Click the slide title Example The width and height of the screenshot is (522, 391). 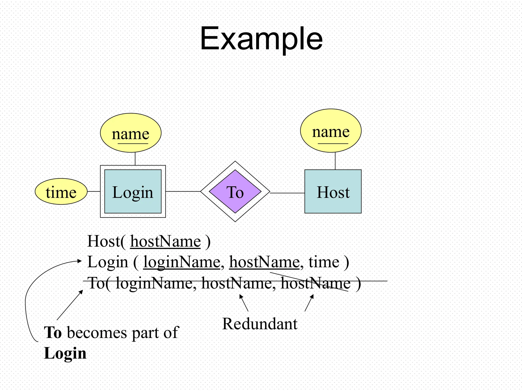click(261, 39)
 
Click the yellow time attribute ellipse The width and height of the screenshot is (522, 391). click(61, 191)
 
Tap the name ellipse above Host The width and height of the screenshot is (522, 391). click(331, 131)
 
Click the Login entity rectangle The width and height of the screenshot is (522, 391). click(133, 191)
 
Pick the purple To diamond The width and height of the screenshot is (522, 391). click(235, 191)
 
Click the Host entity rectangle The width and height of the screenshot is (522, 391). click(333, 191)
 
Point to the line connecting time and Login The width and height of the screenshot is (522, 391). click(94, 191)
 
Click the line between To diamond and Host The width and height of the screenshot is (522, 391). click(287, 193)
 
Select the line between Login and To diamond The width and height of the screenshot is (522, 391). click(183, 191)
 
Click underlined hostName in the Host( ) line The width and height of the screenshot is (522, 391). click(165, 241)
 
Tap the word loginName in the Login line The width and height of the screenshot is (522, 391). click(181, 262)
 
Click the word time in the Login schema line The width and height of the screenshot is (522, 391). click(324, 262)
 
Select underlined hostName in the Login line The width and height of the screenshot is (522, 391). click(264, 262)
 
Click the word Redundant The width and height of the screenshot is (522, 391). click(260, 324)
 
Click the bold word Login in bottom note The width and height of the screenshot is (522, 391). click(65, 353)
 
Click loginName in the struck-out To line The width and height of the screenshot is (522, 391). click(154, 283)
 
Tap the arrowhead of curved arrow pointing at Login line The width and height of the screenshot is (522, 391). click(80, 261)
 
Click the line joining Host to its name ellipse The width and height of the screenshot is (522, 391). click(335, 161)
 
